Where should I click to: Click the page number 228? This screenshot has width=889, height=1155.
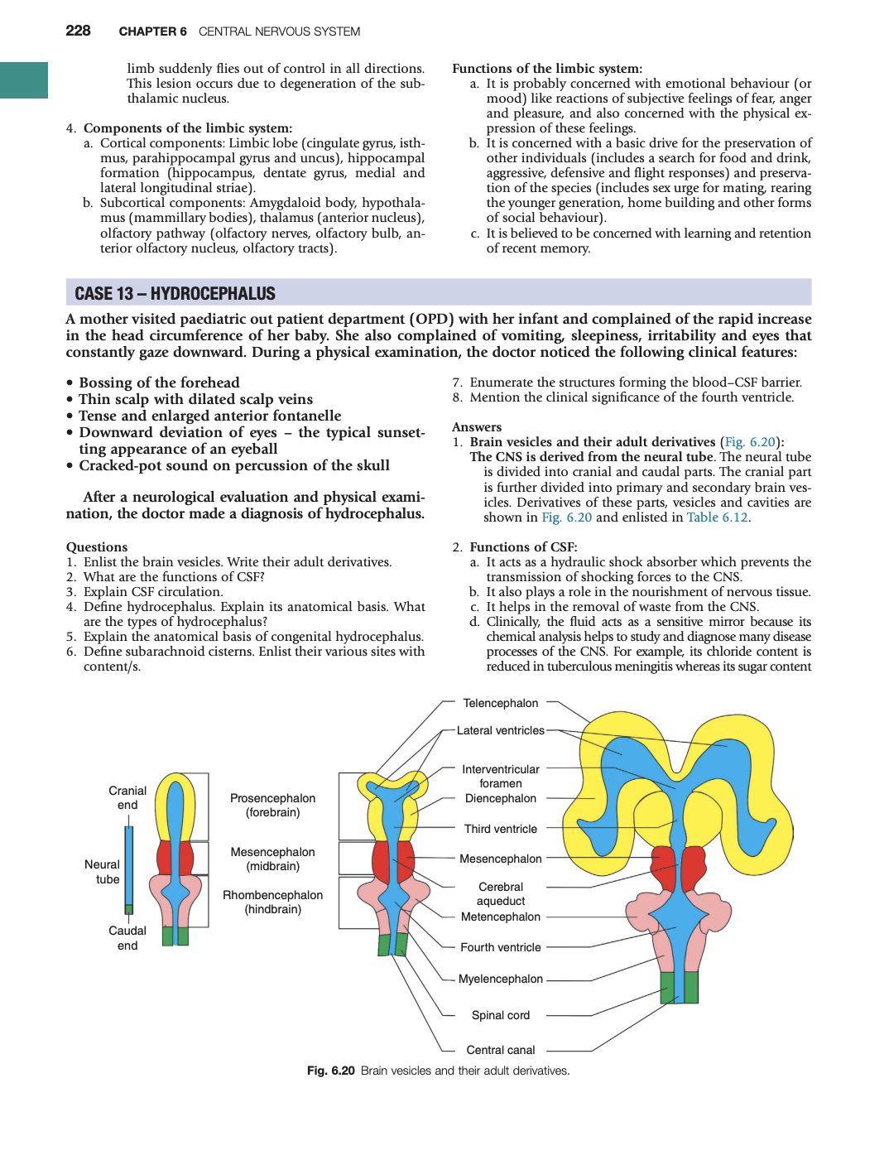click(78, 31)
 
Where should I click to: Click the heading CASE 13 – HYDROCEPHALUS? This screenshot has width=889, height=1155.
click(175, 294)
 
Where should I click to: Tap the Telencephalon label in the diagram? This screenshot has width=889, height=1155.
click(500, 703)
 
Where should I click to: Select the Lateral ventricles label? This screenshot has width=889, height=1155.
click(500, 730)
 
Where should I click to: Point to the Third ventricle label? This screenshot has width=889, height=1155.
click(500, 829)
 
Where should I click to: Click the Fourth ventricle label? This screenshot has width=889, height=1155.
click(500, 947)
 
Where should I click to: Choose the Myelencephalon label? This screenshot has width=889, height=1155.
click(500, 979)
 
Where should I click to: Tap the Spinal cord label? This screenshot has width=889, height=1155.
click(500, 1015)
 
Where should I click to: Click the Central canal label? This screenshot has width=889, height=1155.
click(500, 1050)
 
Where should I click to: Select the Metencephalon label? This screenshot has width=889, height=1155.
click(500, 917)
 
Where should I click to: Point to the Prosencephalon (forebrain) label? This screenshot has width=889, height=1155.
click(272, 805)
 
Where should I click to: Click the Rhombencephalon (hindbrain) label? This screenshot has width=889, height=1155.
click(272, 902)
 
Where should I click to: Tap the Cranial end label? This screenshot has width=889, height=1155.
click(127, 797)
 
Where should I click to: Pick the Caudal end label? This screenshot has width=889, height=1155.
click(127, 938)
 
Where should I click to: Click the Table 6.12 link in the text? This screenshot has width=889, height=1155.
click(717, 517)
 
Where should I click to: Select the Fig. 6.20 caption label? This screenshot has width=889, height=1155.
click(330, 1071)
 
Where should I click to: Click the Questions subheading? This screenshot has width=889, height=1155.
click(97, 547)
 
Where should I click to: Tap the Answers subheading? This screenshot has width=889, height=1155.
click(477, 427)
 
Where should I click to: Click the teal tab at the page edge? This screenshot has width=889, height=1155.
click(24, 80)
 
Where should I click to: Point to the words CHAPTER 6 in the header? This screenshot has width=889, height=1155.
click(152, 31)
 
